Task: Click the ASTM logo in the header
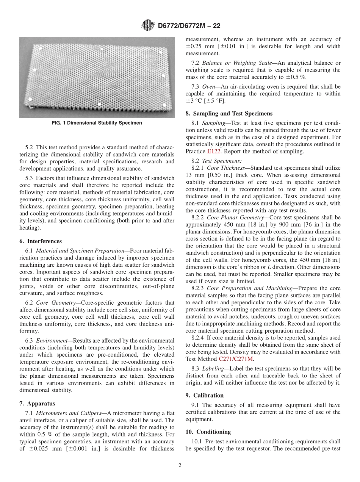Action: click(x=147, y=26)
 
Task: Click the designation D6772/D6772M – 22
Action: click(x=189, y=26)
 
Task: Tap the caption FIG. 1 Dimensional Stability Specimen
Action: click(x=97, y=123)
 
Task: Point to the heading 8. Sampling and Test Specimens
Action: click(x=229, y=113)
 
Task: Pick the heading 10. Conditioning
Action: click(x=208, y=432)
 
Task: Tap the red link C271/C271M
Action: click(x=236, y=358)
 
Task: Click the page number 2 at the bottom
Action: click(x=180, y=466)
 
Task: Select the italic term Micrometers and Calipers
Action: click(x=69, y=413)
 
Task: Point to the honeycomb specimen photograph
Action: click(x=97, y=77)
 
